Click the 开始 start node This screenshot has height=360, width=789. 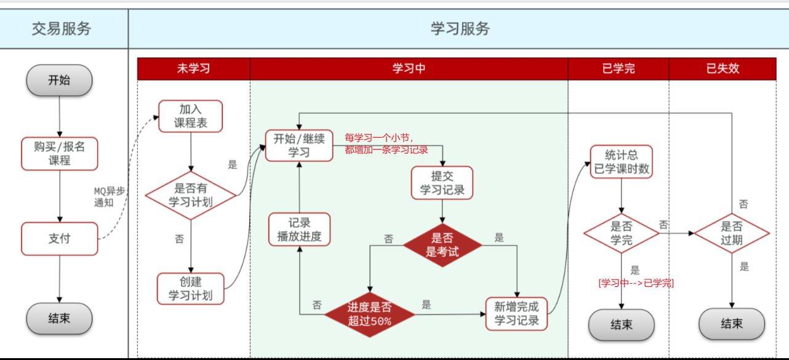click(x=59, y=80)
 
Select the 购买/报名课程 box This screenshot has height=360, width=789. click(x=60, y=153)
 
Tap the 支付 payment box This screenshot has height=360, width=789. click(x=60, y=239)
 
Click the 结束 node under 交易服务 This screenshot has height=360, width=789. click(x=59, y=319)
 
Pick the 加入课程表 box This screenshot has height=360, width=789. click(x=190, y=116)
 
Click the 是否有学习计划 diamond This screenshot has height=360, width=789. click(x=191, y=195)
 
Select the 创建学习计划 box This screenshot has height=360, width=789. click(x=190, y=289)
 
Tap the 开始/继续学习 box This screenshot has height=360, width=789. click(x=299, y=145)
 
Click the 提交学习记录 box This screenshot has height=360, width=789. click(x=442, y=183)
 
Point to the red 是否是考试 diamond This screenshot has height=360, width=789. click(x=442, y=245)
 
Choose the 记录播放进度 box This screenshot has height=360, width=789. click(x=299, y=230)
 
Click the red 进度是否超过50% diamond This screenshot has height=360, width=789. click(x=369, y=314)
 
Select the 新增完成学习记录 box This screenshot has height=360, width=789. click(x=516, y=314)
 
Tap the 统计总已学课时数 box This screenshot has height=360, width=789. click(x=621, y=162)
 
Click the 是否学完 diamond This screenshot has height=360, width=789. click(x=621, y=233)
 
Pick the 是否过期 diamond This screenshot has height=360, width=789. click(x=732, y=233)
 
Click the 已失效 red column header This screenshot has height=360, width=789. click(x=722, y=68)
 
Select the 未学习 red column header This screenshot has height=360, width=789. click(x=193, y=68)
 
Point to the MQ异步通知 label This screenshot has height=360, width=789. click(x=108, y=196)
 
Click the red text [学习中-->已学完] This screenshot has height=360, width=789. click(x=636, y=283)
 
